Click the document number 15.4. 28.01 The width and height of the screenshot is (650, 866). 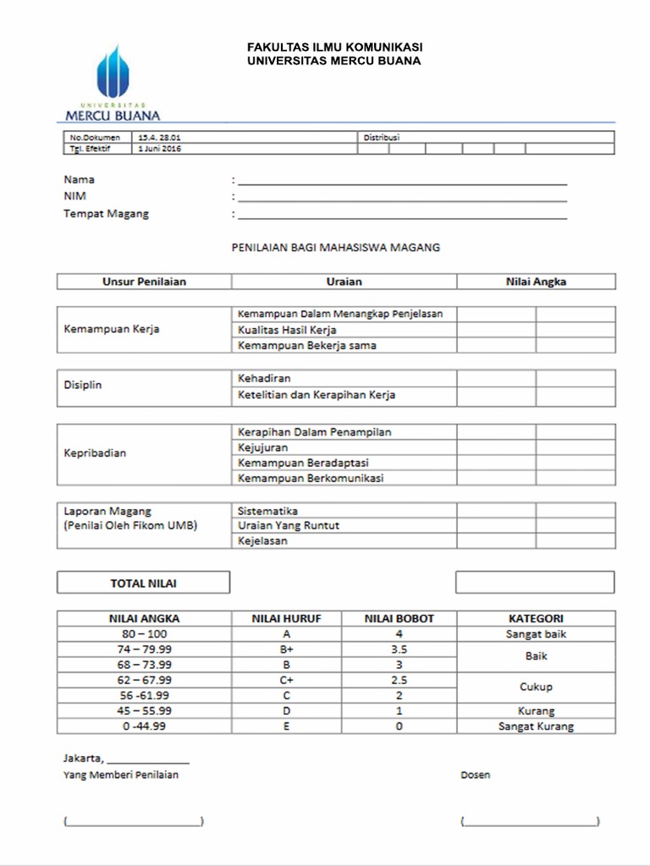tap(159, 137)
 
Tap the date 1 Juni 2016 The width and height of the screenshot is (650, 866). tap(159, 149)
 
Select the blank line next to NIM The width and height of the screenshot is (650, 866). tap(402, 199)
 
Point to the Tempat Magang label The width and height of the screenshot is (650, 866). tap(106, 214)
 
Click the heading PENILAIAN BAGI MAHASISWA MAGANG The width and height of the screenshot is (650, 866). tap(336, 248)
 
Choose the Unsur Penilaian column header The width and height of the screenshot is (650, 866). tap(144, 282)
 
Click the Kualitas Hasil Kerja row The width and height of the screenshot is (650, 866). tap(288, 330)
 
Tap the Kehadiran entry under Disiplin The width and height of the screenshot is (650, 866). tap(264, 379)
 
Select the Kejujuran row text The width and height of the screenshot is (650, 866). tap(263, 447)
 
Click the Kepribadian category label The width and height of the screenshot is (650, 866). tap(95, 453)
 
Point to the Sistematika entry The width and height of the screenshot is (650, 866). tap(267, 511)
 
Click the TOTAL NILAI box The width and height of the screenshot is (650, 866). tap(143, 583)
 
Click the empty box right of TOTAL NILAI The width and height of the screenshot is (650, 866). tap(535, 583)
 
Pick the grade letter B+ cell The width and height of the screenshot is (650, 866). tap(286, 649)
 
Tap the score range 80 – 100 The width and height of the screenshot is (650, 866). tap(144, 633)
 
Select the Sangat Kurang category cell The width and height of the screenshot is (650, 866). tap(536, 726)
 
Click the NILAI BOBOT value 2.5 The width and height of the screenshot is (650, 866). tap(399, 680)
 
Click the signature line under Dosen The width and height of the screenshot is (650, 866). tap(531, 821)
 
